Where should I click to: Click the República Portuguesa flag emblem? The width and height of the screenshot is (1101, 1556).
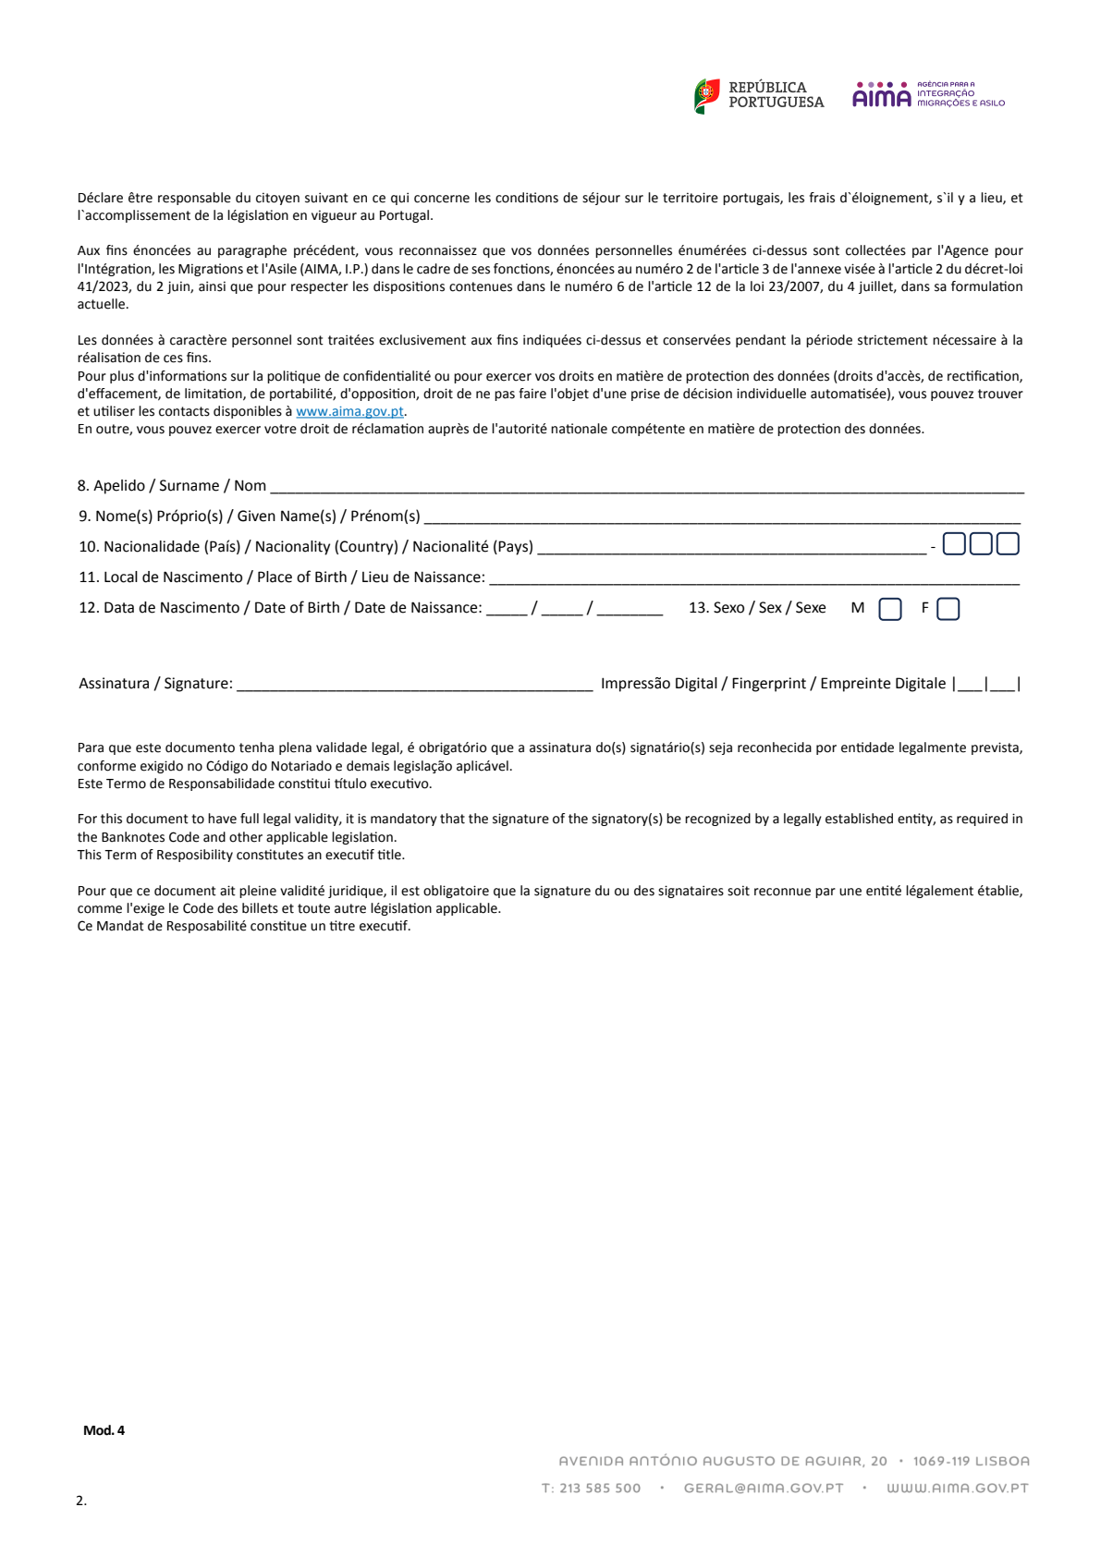707,95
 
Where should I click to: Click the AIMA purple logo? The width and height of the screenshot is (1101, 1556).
881,95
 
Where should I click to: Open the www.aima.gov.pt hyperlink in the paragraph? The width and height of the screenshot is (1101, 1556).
349,412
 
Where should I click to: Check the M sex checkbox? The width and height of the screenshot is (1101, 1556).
889,610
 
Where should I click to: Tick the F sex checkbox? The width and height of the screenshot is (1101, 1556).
948,610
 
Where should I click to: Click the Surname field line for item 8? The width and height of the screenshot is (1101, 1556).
646,488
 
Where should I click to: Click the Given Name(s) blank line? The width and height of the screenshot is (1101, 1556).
721,518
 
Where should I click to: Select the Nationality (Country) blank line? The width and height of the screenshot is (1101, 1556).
730,549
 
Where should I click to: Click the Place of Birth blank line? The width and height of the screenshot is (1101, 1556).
753,579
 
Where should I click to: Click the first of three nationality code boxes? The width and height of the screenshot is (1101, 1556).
954,544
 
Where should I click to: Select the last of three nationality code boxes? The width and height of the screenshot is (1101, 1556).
1008,544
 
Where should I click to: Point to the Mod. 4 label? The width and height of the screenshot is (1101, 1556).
104,1430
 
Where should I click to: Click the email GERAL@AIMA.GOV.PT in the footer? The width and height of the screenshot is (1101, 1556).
764,1489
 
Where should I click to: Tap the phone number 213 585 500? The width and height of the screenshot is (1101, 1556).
600,1489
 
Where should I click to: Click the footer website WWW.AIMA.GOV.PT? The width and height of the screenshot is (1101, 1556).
957,1489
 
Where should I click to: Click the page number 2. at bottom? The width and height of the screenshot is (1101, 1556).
81,1501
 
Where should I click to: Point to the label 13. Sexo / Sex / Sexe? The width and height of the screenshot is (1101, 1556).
757,608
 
